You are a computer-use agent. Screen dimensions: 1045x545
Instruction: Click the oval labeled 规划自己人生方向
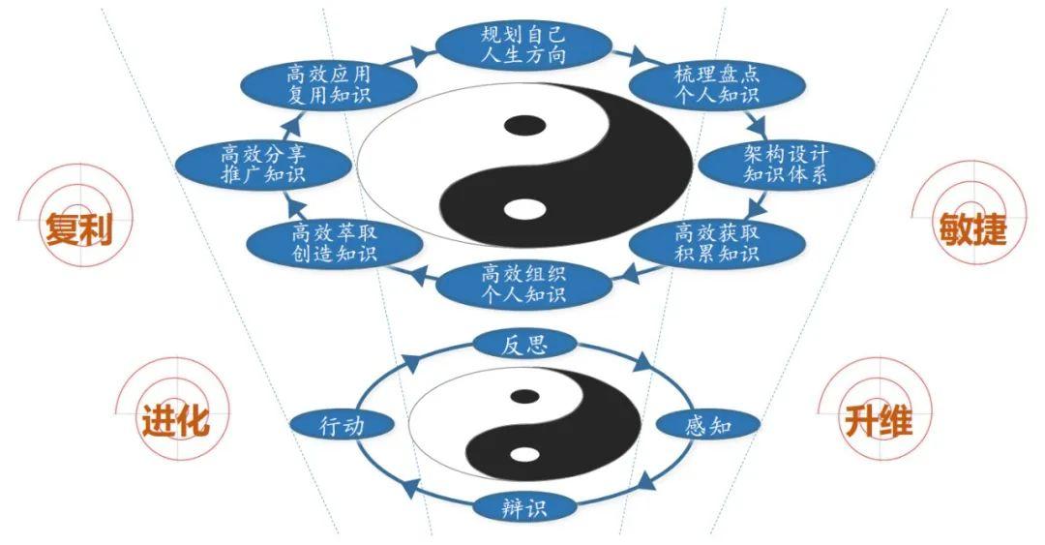click(523, 45)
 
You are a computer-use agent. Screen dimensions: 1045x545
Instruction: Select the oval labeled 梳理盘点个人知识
click(716, 85)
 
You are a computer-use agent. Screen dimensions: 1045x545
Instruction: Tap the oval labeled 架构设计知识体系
click(786, 165)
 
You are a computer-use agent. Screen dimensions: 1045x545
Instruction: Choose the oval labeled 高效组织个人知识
click(523, 285)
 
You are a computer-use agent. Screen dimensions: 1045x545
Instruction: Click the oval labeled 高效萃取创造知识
click(334, 244)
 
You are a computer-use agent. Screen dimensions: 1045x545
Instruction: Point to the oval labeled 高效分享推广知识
click(263, 165)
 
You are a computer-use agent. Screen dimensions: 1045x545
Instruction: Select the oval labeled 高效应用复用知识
click(329, 85)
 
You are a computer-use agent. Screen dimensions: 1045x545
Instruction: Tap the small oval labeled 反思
click(524, 345)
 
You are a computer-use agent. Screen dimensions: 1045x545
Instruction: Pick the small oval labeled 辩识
click(524, 507)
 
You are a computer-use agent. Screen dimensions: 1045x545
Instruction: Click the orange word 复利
click(78, 229)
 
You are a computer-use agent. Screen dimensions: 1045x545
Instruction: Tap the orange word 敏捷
click(972, 229)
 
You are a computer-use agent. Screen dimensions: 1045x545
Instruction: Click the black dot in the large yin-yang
click(524, 126)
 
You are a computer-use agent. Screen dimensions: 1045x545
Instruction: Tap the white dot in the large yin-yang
click(524, 209)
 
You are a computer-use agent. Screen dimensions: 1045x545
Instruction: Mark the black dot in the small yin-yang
click(525, 396)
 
